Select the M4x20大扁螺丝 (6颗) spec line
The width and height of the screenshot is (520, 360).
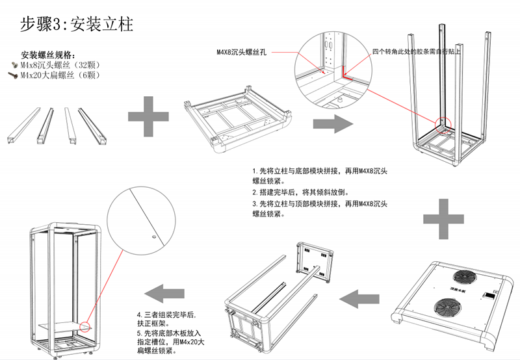tap(60, 75)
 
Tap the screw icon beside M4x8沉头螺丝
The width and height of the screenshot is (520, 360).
tap(14, 66)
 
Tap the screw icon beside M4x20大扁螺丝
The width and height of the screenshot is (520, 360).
tap(14, 75)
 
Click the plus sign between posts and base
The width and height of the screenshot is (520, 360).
tap(149, 115)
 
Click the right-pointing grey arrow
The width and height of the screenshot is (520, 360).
tap(331, 123)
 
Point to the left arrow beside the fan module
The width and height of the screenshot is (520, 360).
tap(361, 299)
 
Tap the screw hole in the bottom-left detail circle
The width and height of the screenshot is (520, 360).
tap(153, 238)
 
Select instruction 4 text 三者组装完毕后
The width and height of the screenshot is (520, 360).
tap(170, 315)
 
